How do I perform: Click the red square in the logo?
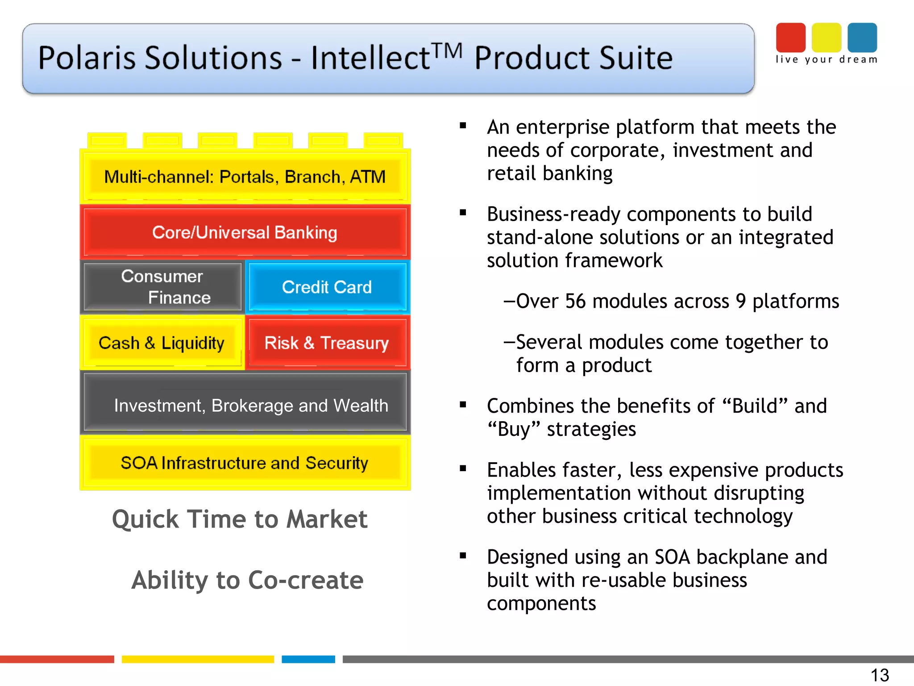click(790, 38)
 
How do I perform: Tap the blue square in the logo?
click(862, 38)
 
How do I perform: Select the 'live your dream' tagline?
click(826, 60)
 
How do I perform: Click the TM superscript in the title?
click(447, 51)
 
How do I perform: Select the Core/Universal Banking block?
click(245, 233)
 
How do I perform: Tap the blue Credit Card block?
click(327, 287)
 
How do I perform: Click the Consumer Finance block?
click(163, 287)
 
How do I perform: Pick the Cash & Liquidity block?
click(162, 343)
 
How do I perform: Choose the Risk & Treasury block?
click(327, 343)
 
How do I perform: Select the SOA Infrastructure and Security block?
click(245, 463)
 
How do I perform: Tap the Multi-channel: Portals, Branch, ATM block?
click(245, 177)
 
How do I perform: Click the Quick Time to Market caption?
click(240, 519)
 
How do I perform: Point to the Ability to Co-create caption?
click(248, 580)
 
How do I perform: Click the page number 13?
click(880, 675)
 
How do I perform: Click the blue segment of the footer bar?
click(308, 659)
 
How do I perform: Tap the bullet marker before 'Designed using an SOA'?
click(463, 556)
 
